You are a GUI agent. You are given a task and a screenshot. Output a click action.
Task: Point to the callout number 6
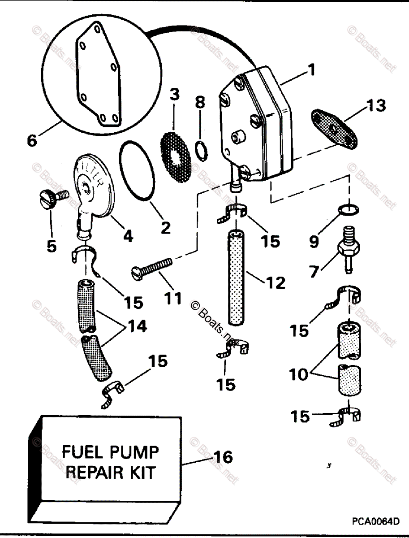[x=32, y=140]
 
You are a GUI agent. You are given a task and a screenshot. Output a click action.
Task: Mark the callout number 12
[x=275, y=282]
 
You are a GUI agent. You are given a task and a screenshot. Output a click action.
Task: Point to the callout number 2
[x=165, y=228]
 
